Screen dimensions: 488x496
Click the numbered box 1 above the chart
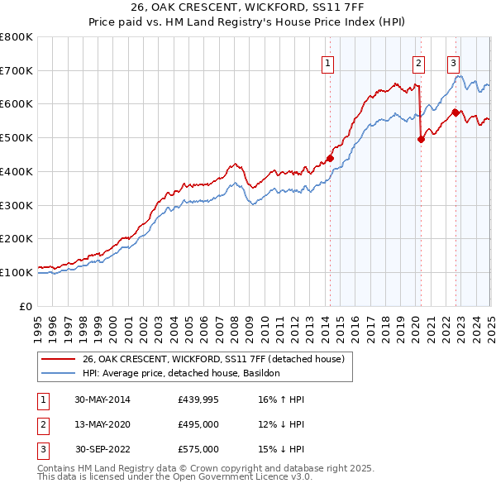pyautogui.click(x=328, y=63)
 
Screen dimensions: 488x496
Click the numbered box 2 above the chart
pyautogui.click(x=419, y=63)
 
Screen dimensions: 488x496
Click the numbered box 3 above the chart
pyautogui.click(x=454, y=63)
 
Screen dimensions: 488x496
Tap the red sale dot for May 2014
pyautogui.click(x=330, y=158)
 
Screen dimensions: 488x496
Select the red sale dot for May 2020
pyautogui.click(x=421, y=139)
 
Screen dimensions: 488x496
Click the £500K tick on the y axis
pyautogui.click(x=17, y=137)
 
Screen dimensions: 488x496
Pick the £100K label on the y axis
pyautogui.click(x=17, y=272)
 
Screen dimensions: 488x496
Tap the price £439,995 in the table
pyautogui.click(x=198, y=399)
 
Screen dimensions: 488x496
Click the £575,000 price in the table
pyautogui.click(x=198, y=449)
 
